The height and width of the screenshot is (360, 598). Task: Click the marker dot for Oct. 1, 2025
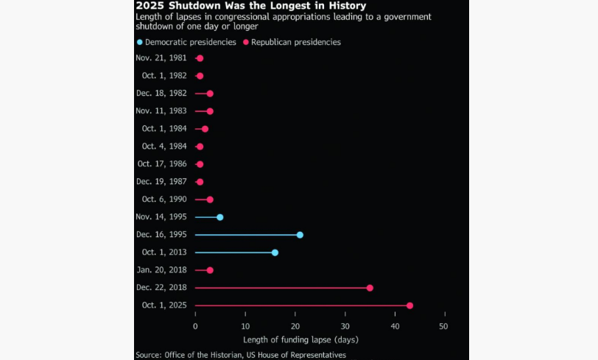(409, 306)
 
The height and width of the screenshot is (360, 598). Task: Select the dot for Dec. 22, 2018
(370, 288)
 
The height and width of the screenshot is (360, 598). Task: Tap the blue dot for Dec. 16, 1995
(300, 235)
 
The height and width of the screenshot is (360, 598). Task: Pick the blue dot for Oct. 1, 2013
(275, 253)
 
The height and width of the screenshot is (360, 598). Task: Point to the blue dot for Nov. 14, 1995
(220, 217)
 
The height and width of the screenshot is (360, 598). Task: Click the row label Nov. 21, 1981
(161, 58)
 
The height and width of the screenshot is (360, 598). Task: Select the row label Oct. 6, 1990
(164, 200)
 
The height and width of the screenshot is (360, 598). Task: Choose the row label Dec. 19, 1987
(161, 182)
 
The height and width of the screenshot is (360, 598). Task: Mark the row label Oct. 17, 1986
(162, 164)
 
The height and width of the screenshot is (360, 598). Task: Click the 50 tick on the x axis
(444, 325)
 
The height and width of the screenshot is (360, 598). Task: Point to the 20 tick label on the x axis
(295, 325)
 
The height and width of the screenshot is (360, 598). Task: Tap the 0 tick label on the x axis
(195, 325)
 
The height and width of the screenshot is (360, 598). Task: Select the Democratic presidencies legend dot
(139, 43)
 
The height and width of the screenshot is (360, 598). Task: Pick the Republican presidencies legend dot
(246, 43)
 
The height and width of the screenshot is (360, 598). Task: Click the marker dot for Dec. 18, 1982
(210, 93)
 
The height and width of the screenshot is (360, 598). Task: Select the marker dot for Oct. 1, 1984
(205, 129)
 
